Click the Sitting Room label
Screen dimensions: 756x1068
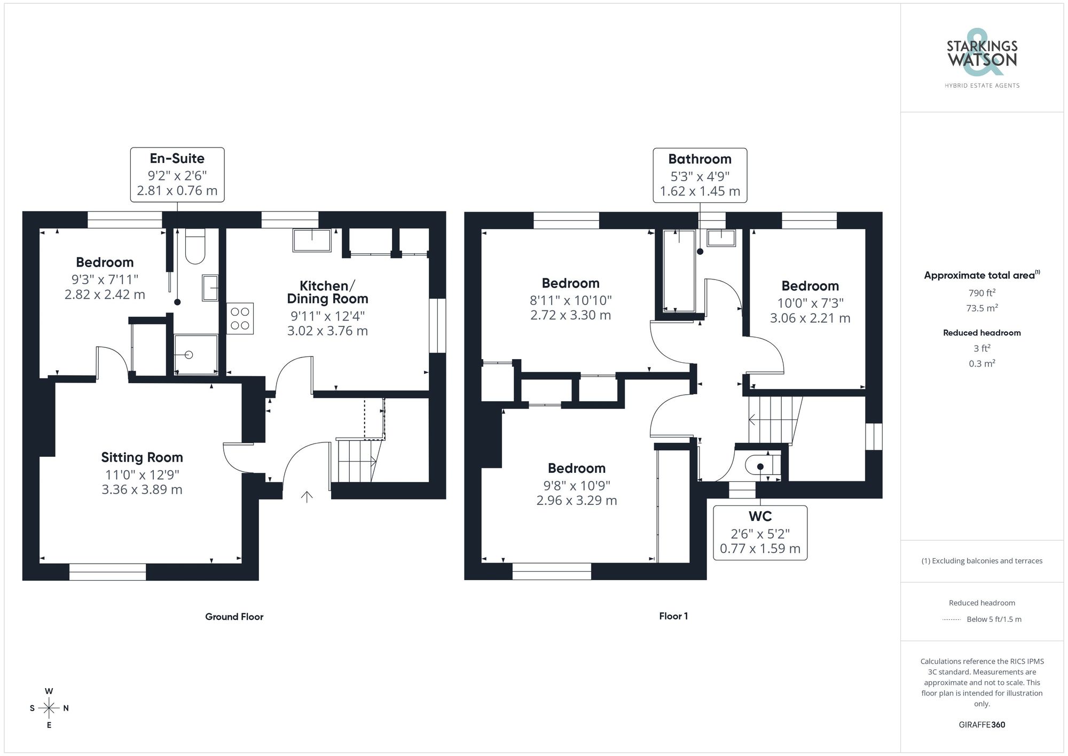click(x=142, y=457)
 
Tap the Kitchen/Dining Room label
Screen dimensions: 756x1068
click(x=327, y=292)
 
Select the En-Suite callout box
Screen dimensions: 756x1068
click(x=177, y=174)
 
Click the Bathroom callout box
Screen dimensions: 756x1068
click(x=700, y=175)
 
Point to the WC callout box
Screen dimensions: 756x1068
click(x=760, y=533)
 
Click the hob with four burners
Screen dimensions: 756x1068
click(x=240, y=318)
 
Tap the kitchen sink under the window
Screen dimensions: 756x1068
click(x=312, y=240)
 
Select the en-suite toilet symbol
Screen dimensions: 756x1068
click(x=195, y=247)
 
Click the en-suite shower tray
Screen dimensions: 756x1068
click(x=196, y=354)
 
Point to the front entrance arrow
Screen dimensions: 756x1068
click(x=307, y=497)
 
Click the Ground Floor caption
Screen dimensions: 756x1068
click(x=234, y=617)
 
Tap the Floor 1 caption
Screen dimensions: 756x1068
click(x=673, y=616)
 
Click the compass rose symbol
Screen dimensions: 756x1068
click(x=49, y=708)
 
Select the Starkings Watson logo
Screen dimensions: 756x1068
click(x=981, y=59)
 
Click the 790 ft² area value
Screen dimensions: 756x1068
click(x=981, y=293)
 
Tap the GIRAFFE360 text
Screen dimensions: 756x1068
click(x=981, y=724)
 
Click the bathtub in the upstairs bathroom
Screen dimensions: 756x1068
click(x=679, y=271)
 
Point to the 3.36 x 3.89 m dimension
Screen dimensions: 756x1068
click(x=142, y=489)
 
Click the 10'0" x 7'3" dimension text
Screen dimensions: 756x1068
click(x=810, y=303)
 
